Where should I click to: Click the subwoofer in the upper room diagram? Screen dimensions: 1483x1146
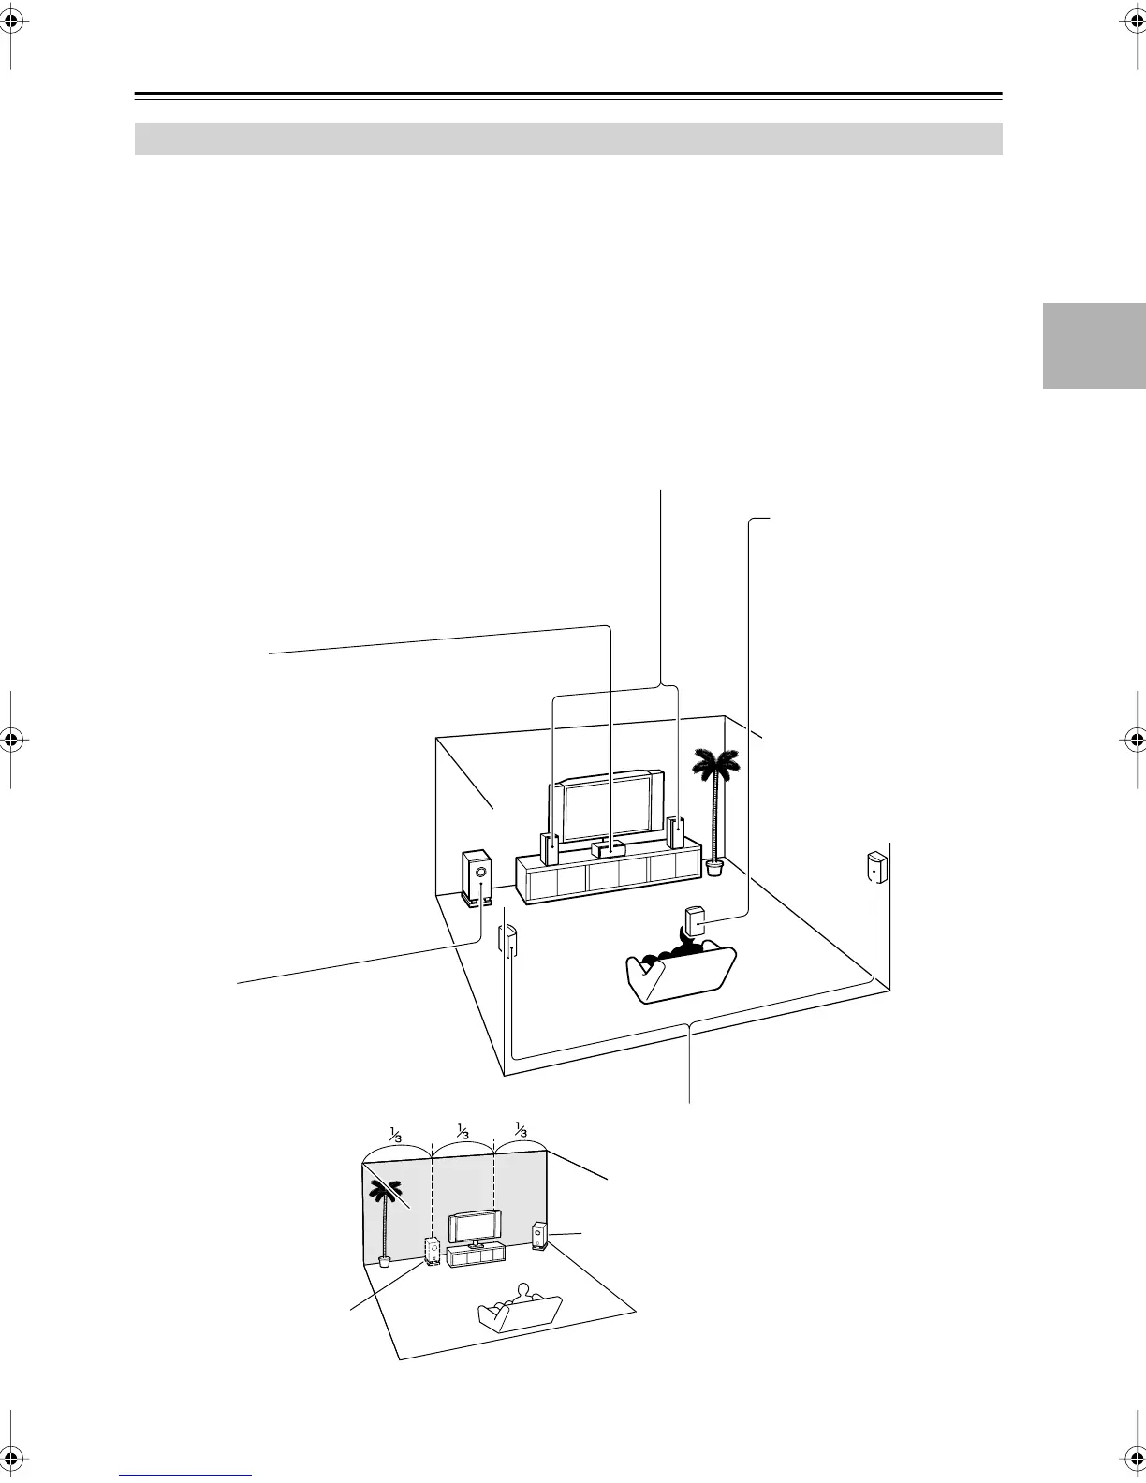(477, 876)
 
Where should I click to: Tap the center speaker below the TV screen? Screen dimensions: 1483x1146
(610, 846)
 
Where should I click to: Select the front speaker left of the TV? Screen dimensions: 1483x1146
(551, 847)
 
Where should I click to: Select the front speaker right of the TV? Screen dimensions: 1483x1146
(676, 832)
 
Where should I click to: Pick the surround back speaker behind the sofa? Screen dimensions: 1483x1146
(696, 921)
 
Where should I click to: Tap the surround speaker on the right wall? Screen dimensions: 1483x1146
(876, 868)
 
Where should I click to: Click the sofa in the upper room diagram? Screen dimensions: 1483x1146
(678, 974)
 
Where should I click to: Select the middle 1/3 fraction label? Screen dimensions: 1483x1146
(463, 1131)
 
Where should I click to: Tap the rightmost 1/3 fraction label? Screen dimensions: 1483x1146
(521, 1129)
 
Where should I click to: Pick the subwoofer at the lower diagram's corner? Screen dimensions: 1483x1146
(539, 1236)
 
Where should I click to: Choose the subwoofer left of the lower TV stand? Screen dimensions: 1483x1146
(433, 1251)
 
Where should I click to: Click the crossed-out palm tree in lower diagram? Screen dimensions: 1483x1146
(385, 1208)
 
